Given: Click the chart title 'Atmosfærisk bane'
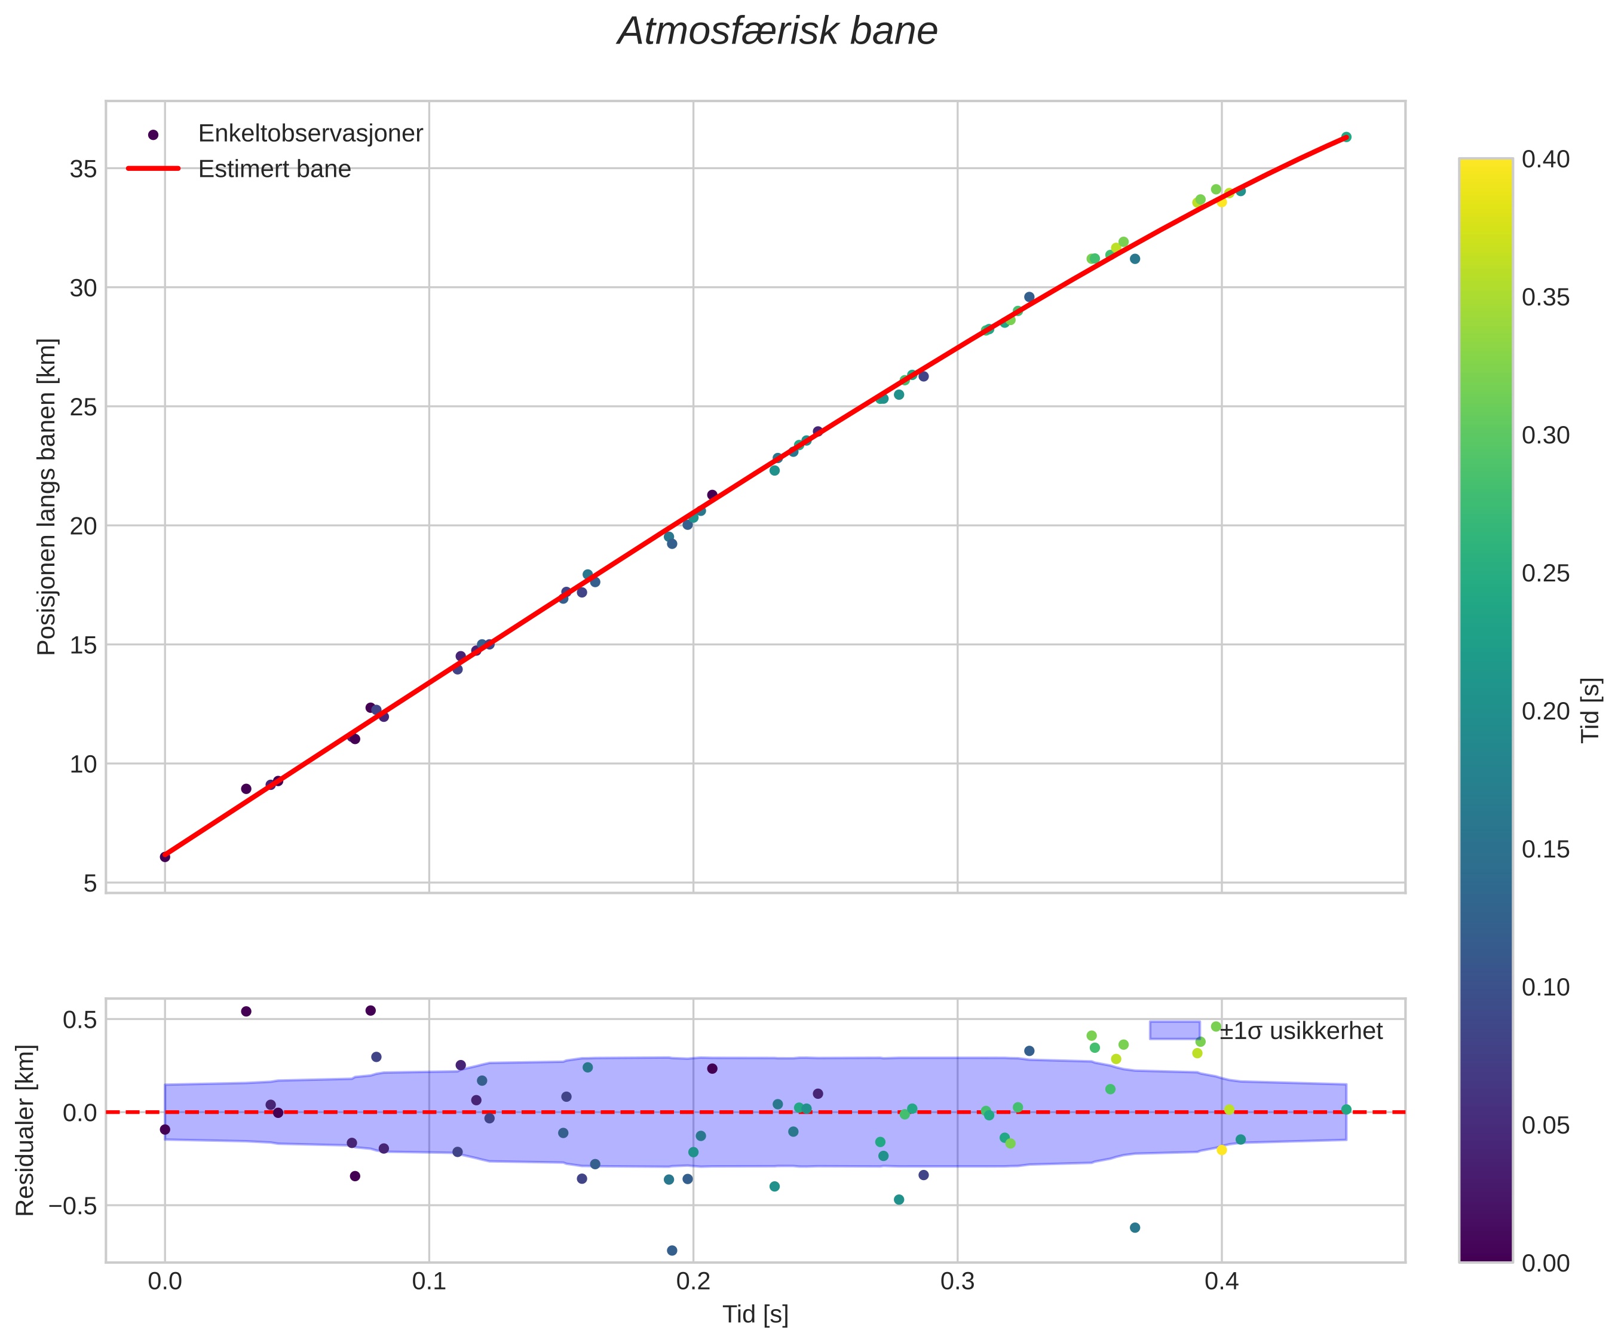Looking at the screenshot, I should click(x=777, y=32).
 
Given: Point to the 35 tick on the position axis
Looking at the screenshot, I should click(x=83, y=168).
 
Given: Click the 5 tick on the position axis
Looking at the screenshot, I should click(x=90, y=883).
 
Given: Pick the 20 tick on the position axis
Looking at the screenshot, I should click(x=83, y=526).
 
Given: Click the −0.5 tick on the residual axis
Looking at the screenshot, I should click(x=73, y=1206).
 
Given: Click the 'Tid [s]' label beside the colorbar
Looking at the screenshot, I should click(x=1591, y=710).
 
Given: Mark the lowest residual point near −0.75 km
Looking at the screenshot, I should click(x=672, y=1251).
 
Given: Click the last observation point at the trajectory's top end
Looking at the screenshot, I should click(x=1346, y=137).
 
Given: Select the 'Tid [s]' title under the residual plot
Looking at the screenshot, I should click(x=755, y=1315).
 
